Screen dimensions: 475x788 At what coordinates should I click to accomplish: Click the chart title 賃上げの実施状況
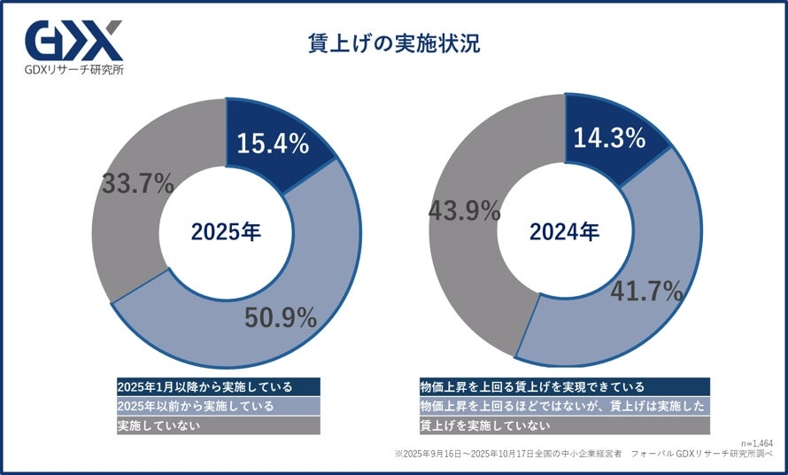393,43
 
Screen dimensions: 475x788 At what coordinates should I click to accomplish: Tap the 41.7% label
646,290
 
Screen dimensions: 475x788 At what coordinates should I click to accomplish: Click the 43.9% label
464,211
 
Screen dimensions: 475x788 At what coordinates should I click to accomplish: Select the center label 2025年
226,232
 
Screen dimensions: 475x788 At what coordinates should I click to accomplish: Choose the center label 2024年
564,232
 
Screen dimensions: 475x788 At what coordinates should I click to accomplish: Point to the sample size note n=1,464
756,441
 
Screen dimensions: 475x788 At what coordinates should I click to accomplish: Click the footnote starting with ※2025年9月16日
584,453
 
